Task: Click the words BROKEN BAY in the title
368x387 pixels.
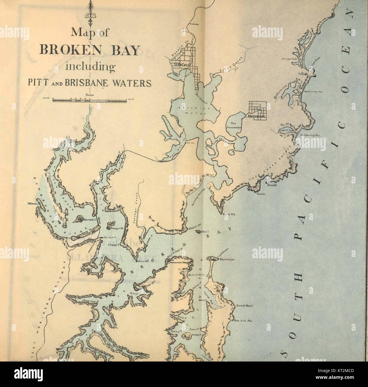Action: [x=89, y=50]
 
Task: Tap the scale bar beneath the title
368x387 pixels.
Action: [x=89, y=100]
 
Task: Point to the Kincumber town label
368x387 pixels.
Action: [x=256, y=116]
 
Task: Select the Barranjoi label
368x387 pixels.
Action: [x=226, y=259]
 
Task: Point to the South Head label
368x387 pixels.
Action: [x=244, y=306]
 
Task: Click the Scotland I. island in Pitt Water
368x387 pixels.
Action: [x=187, y=336]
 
